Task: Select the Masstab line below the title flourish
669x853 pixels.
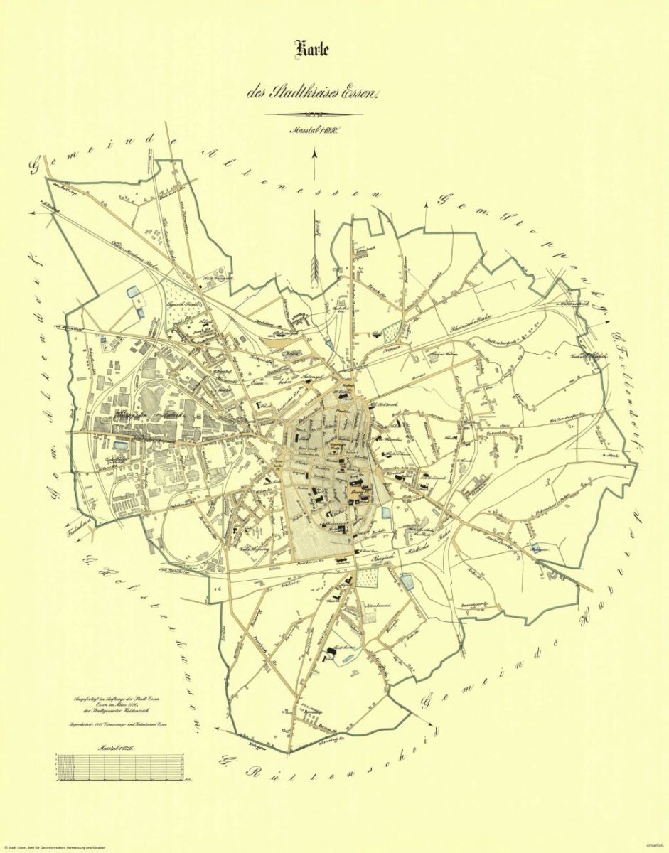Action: [x=314, y=130]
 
